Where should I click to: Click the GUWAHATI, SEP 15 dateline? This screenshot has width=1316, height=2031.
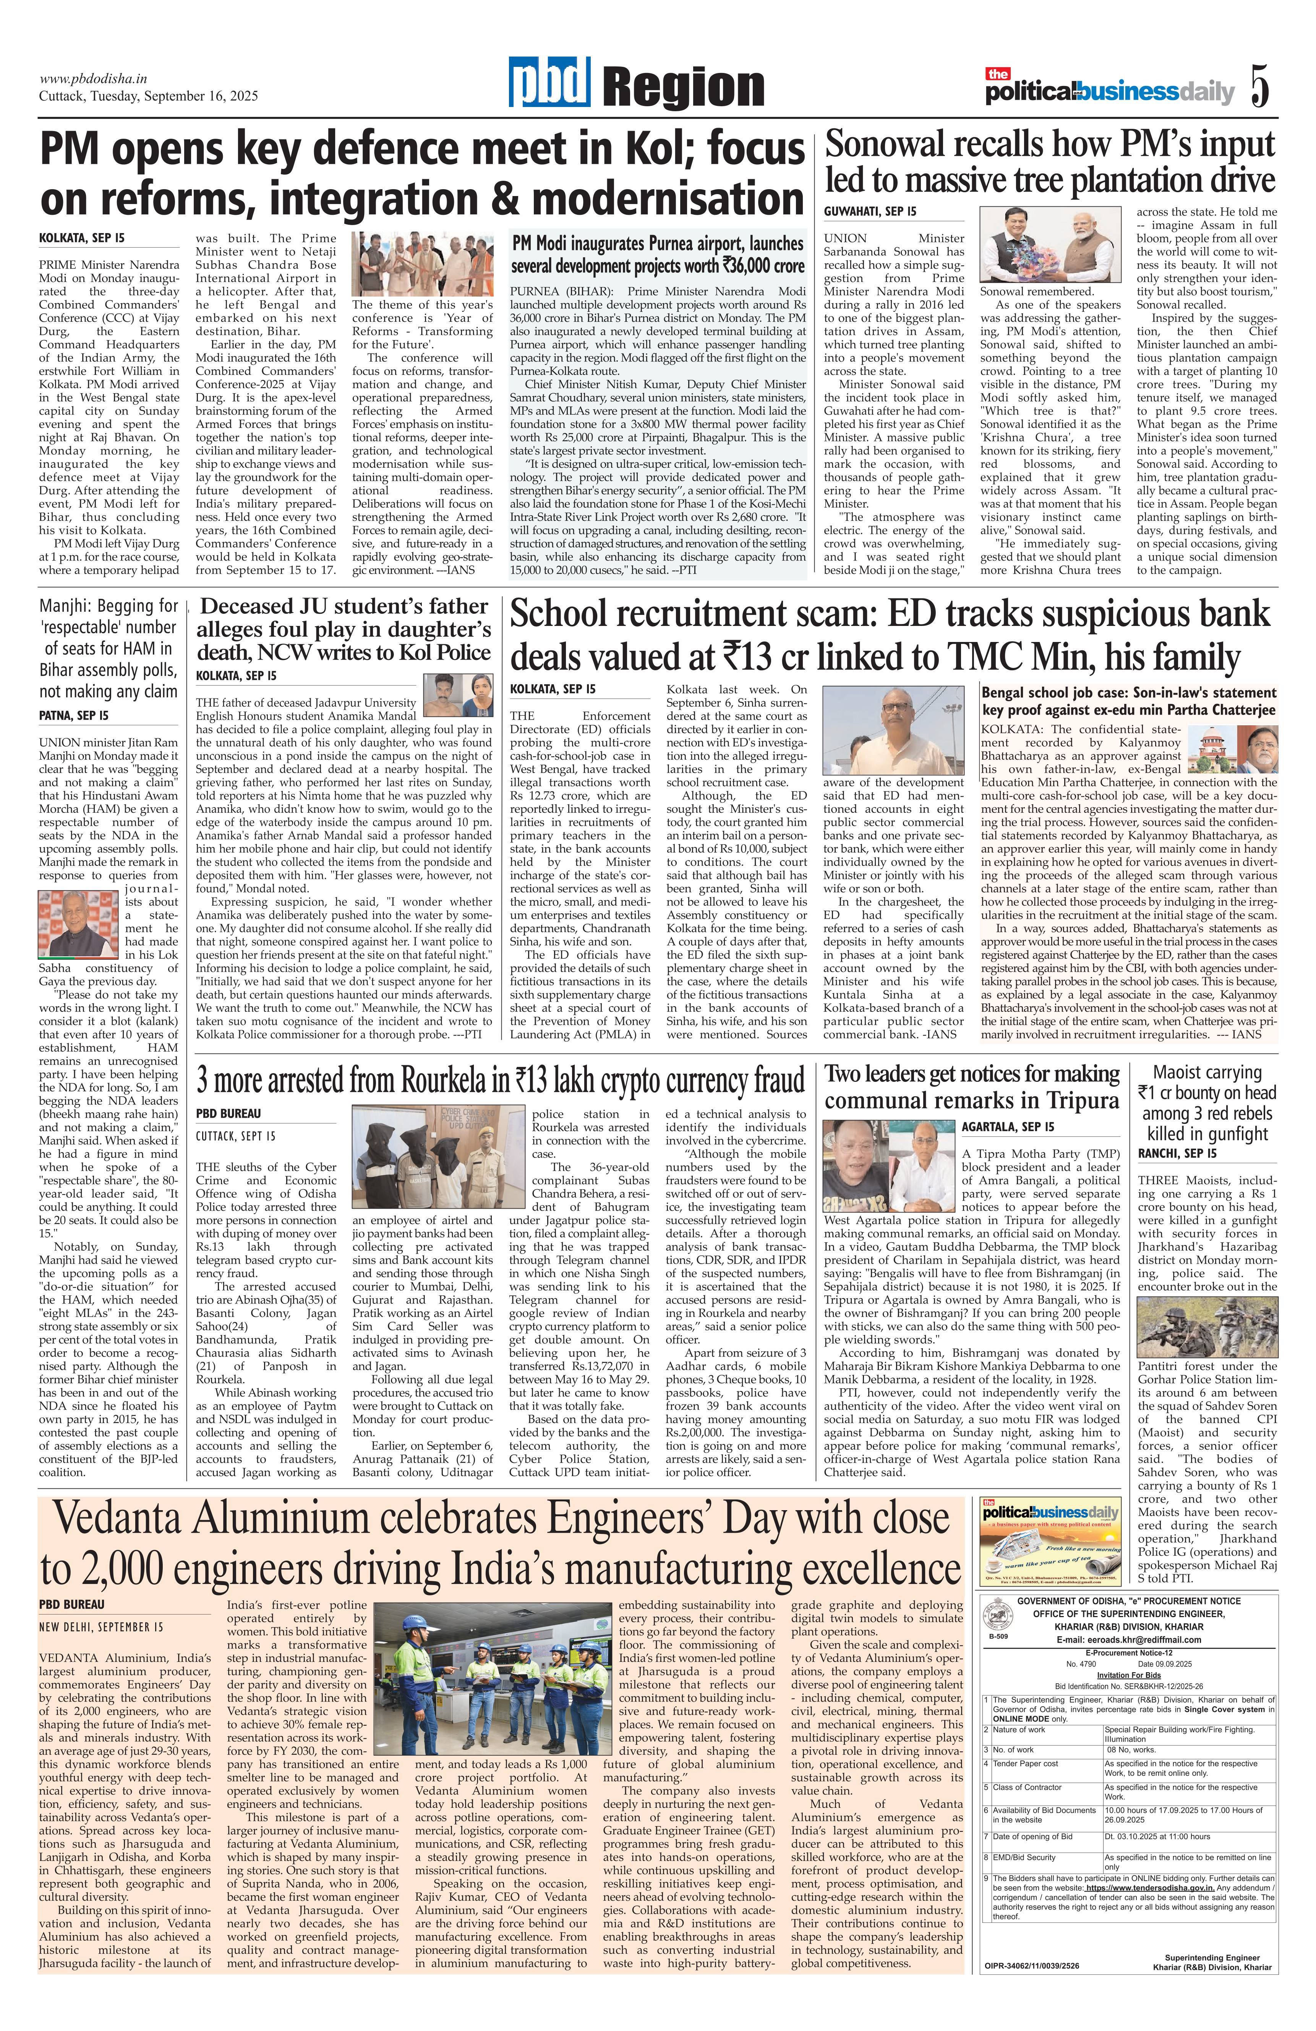(x=870, y=211)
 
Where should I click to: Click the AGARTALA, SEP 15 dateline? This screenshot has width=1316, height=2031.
(x=1007, y=1127)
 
